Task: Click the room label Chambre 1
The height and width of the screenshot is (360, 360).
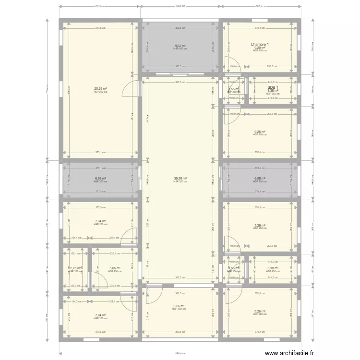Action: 260,45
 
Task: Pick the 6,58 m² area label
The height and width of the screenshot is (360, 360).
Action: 260,178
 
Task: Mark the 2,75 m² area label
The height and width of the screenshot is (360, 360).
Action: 75,268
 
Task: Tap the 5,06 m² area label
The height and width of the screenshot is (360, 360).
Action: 115,268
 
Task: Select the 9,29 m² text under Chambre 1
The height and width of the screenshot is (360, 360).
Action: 260,48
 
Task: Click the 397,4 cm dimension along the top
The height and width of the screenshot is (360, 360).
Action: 261,6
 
